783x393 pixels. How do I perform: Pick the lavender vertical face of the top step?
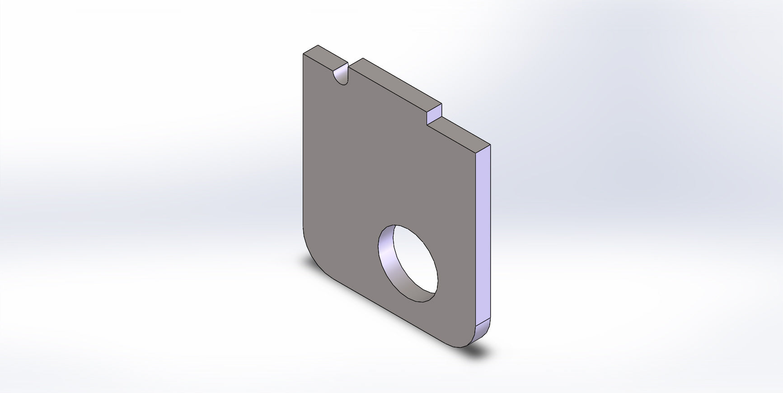pos(435,114)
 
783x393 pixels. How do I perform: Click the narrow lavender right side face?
pos(483,235)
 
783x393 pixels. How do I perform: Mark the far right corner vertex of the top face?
pos(490,145)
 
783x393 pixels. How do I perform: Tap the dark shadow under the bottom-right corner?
pos(479,350)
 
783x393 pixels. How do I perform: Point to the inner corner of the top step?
pos(427,124)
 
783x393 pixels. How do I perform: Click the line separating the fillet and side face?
pos(483,322)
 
